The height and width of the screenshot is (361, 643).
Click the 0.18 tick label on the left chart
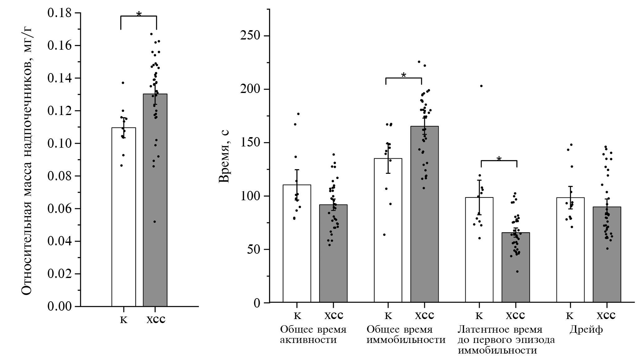(59, 13)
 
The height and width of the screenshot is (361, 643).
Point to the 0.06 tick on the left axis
(59, 209)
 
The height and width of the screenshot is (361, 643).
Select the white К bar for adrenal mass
(123, 218)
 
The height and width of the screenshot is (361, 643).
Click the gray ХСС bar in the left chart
(155, 202)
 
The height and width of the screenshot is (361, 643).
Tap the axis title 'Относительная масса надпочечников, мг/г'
(27, 160)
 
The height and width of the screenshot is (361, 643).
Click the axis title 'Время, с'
(224, 156)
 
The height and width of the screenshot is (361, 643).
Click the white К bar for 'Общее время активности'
(297, 246)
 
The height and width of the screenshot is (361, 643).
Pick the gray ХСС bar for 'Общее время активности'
(333, 255)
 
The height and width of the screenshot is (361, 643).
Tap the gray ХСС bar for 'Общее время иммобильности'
(424, 218)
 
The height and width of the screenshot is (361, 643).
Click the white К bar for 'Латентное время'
(479, 252)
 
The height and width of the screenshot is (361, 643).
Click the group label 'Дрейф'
(586, 329)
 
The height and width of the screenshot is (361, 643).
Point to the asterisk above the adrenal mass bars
(139, 14)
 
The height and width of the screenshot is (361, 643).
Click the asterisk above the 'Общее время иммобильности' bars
(403, 75)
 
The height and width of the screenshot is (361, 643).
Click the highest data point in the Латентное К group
(481, 86)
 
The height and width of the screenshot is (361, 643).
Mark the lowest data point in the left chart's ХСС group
(154, 222)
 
